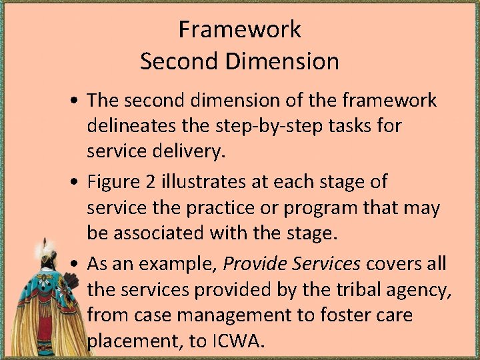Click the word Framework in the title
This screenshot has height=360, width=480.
click(239, 29)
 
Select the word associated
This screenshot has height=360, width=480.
click(168, 233)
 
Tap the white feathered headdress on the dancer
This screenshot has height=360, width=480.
click(47, 251)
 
